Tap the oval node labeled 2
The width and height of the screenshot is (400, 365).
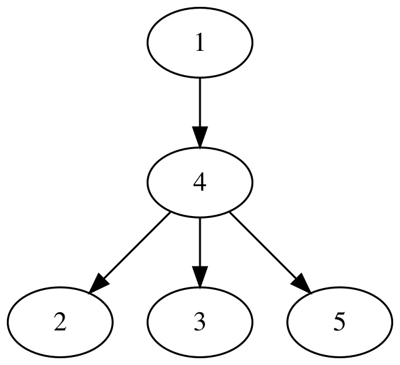pyautogui.click(x=60, y=322)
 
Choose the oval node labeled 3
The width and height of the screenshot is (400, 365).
pyautogui.click(x=199, y=322)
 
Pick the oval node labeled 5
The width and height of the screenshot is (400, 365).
pyautogui.click(x=339, y=322)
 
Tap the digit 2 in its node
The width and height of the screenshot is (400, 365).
pyautogui.click(x=60, y=323)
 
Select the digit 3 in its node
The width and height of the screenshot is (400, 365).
pyautogui.click(x=199, y=323)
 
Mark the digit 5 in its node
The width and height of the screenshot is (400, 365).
pyautogui.click(x=339, y=323)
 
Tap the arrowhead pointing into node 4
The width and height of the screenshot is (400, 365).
pyautogui.click(x=199, y=137)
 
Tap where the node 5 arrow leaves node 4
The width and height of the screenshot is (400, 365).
pyautogui.click(x=230, y=213)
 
